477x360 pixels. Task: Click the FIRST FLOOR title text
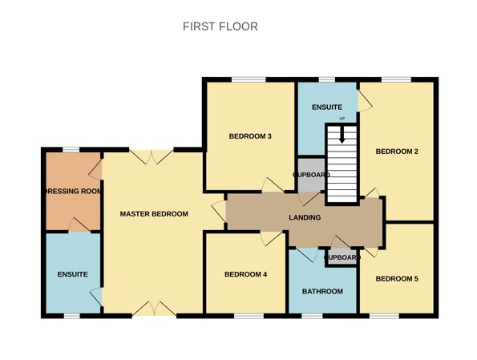click(x=220, y=26)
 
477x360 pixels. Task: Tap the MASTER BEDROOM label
click(x=154, y=214)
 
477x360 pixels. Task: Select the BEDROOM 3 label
click(x=250, y=136)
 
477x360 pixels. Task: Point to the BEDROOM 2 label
click(x=397, y=152)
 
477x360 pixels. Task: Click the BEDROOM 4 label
click(x=245, y=275)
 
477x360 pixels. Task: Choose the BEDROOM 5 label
click(x=397, y=279)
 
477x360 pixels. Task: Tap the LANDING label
click(x=305, y=217)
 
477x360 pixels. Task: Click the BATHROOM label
click(x=322, y=291)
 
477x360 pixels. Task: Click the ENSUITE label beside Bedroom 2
click(x=326, y=107)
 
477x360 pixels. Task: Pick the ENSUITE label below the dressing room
click(x=72, y=275)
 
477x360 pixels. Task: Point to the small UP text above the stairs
click(x=342, y=119)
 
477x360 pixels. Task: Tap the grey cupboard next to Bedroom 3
click(x=310, y=176)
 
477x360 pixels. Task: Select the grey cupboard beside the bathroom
click(x=342, y=257)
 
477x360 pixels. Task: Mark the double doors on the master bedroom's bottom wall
click(x=152, y=309)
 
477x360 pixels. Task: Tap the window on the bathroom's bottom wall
click(x=313, y=316)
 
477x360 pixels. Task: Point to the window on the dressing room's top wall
click(x=71, y=149)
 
